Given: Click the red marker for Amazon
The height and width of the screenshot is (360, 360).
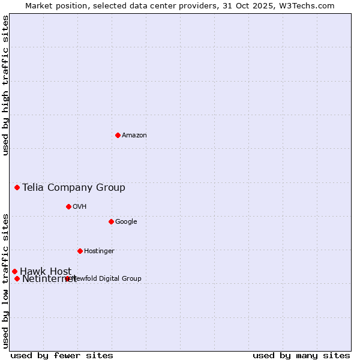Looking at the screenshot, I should tap(118, 135).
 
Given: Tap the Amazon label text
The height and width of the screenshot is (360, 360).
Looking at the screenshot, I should tap(134, 136).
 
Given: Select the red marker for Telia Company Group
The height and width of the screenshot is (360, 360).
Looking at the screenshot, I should tap(17, 187).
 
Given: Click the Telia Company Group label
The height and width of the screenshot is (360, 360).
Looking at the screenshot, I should tap(74, 187).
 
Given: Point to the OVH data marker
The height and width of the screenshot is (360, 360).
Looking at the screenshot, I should tap(68, 206).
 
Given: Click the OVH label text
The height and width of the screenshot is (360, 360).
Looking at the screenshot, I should tap(80, 207).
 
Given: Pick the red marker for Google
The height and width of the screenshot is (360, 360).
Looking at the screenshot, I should tap(111, 221).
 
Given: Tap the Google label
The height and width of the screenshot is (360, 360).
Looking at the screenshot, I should tap(126, 222).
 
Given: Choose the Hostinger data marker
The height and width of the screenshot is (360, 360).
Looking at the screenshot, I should tap(80, 251).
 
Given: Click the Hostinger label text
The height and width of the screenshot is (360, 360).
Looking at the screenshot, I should tap(99, 251).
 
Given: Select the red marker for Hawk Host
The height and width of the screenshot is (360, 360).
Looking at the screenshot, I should tap(14, 271).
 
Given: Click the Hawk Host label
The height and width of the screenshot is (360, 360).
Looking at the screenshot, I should tap(46, 271).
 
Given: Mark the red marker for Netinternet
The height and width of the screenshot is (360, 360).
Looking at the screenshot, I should tap(17, 278).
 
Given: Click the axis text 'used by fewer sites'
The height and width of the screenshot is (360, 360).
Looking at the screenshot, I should tap(62, 355).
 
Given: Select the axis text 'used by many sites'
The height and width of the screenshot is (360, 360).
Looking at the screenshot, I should tap(301, 355).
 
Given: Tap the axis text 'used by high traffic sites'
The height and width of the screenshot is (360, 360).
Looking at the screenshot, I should tap(5, 85).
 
